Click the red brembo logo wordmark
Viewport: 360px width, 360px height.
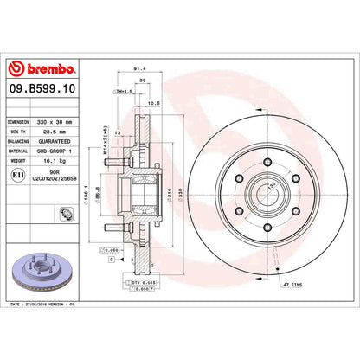[43, 68]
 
